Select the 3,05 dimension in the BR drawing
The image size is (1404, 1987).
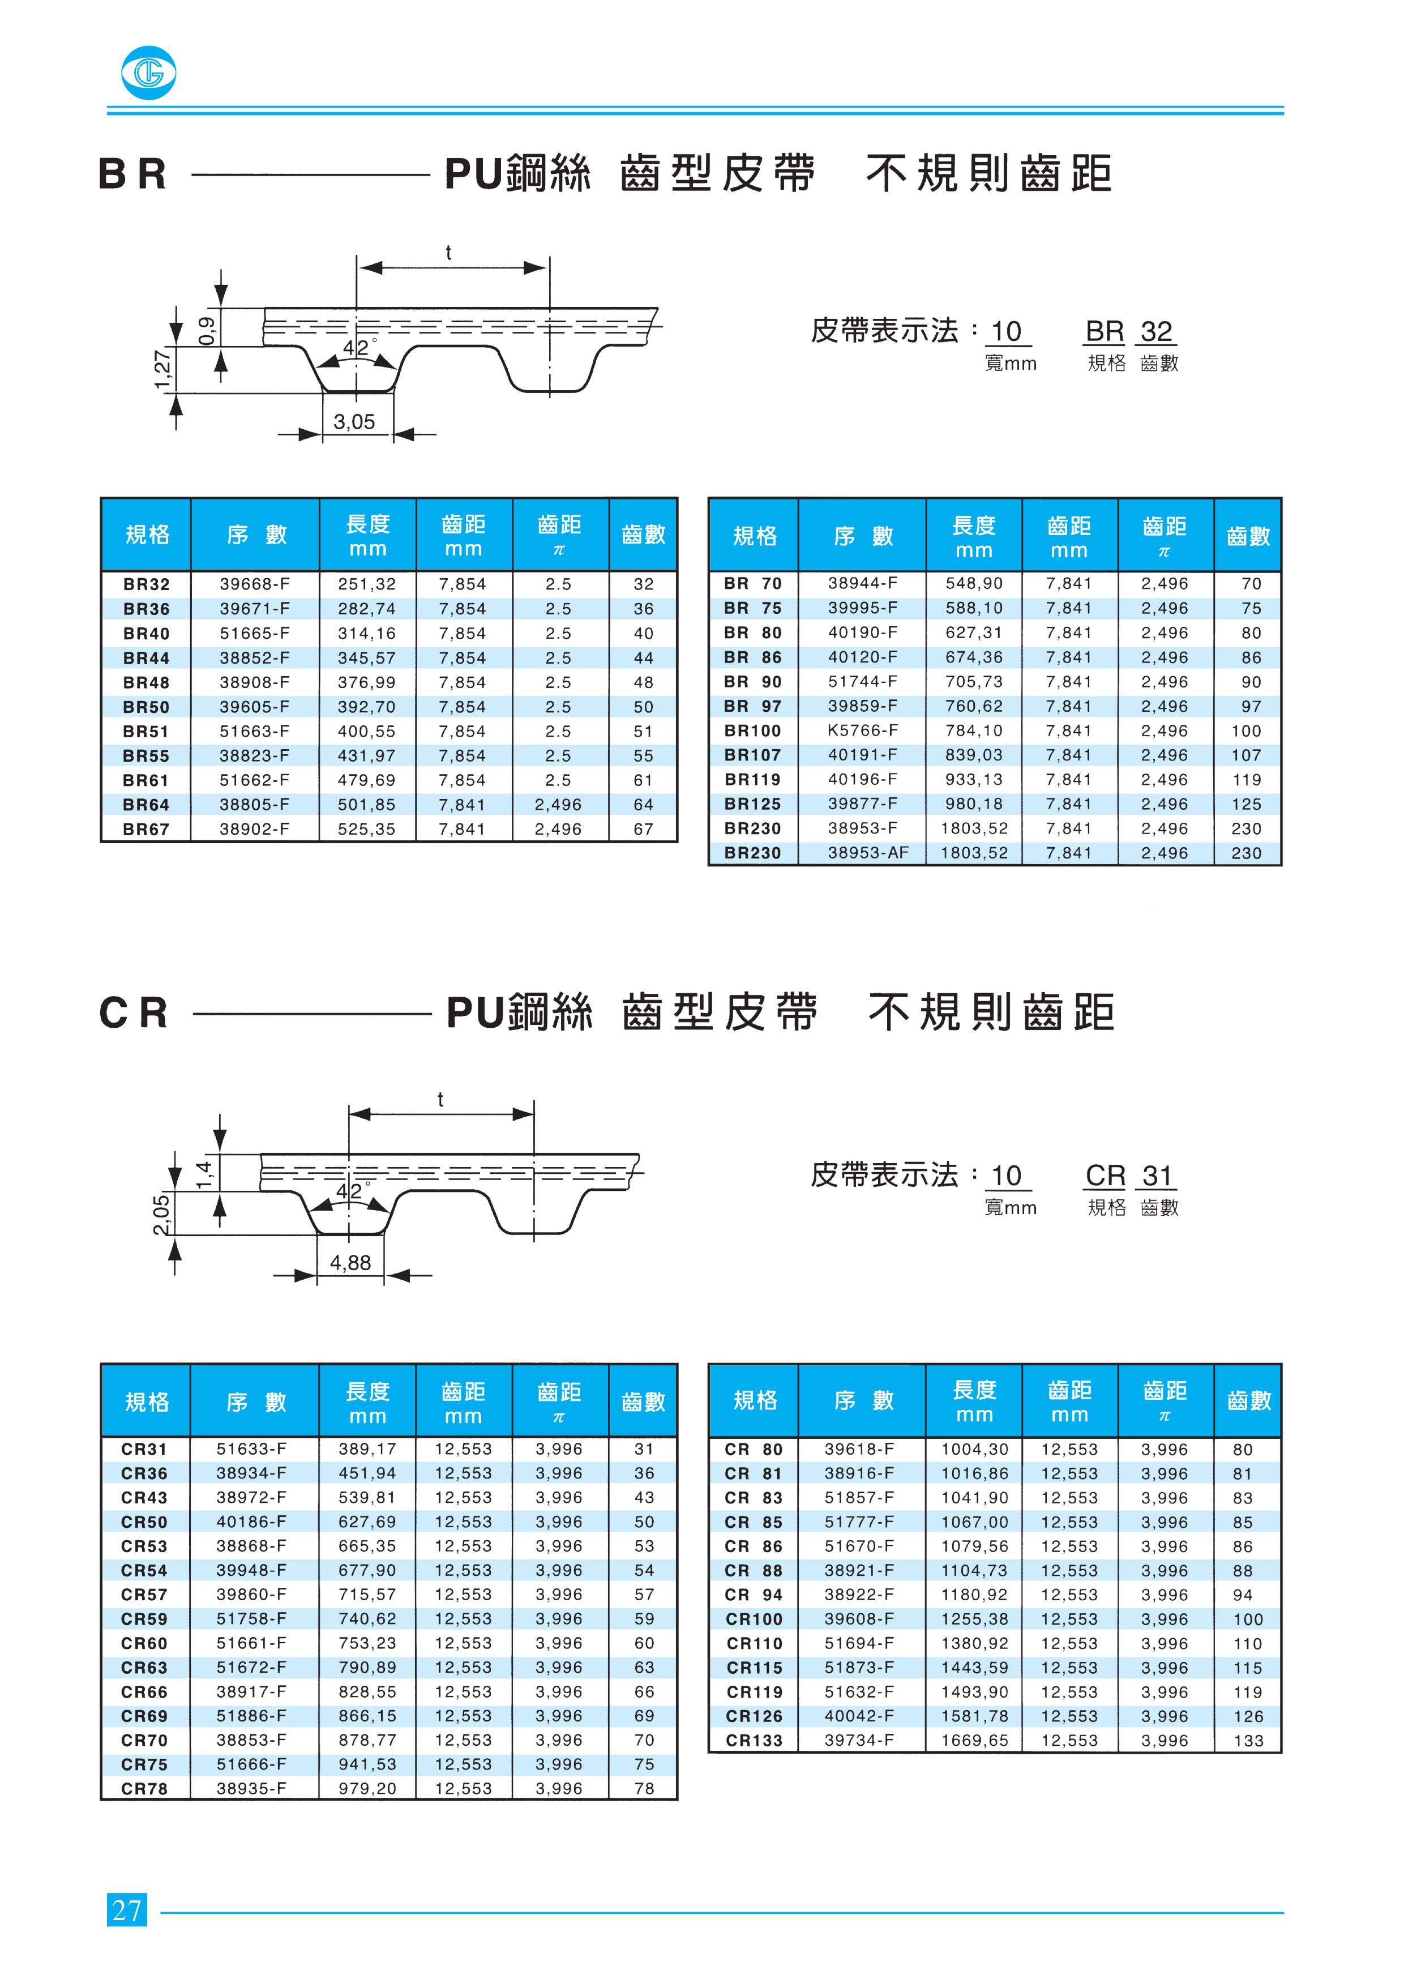point(354,422)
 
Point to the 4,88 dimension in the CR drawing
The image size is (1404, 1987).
point(350,1263)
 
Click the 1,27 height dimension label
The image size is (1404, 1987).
point(162,370)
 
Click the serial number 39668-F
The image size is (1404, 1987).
point(254,584)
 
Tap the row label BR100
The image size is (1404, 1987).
point(752,730)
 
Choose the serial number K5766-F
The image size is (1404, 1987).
point(862,730)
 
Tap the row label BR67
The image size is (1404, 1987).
point(146,829)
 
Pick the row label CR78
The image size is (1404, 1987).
point(144,1789)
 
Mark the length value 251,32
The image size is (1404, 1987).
point(367,584)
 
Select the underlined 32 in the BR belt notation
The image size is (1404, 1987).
point(1157,331)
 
